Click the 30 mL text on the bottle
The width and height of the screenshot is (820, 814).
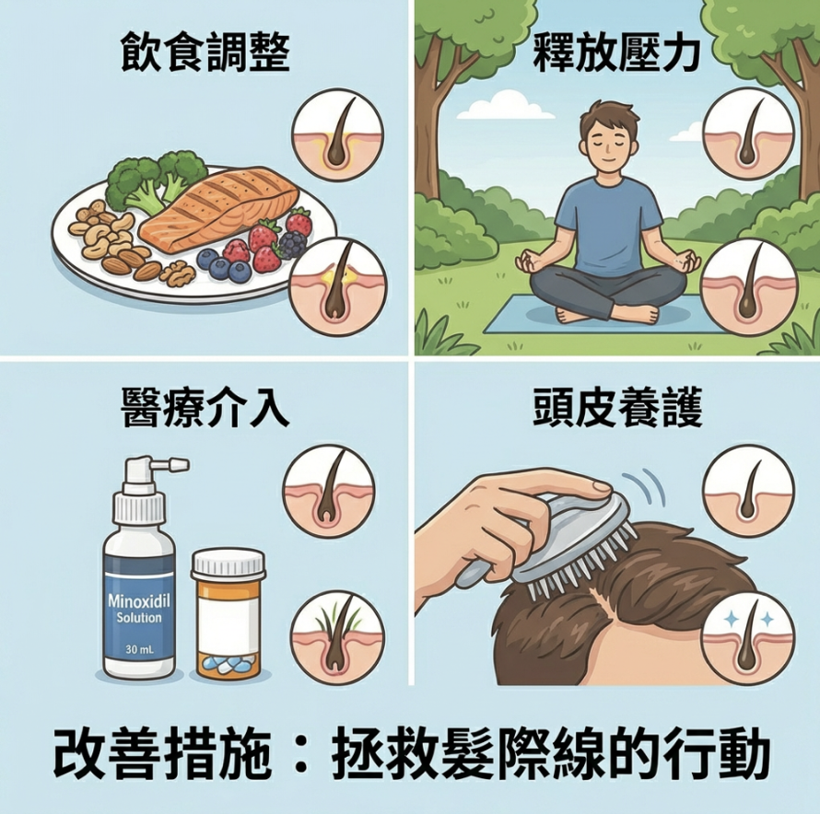coord(139,650)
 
